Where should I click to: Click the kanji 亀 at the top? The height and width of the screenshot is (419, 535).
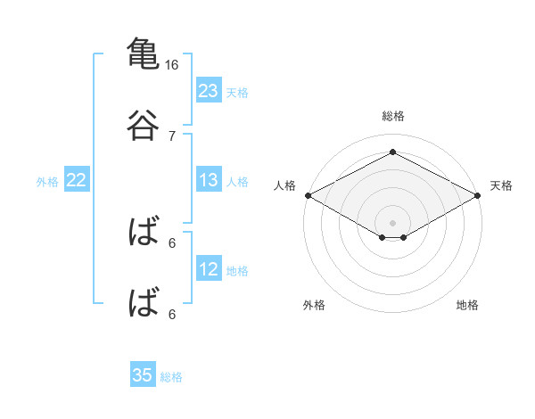[x=143, y=53]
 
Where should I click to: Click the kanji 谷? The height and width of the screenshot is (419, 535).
[x=143, y=125]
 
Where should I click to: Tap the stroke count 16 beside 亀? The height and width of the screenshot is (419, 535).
[x=171, y=65]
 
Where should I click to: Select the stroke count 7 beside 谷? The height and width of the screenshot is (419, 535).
[x=172, y=136]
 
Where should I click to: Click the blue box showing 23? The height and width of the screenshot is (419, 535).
[x=209, y=90]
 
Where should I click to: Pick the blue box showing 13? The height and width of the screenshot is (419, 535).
[x=209, y=179]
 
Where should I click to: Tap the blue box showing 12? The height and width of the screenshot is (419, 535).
[x=209, y=267]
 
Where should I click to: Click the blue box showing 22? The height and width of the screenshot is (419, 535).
[x=77, y=179]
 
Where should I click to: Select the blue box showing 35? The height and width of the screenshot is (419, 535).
[x=143, y=374]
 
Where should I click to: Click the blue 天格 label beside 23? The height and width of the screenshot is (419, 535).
[x=237, y=93]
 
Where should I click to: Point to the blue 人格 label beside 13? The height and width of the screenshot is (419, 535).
[x=237, y=182]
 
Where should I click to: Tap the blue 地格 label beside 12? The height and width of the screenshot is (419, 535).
[x=237, y=271]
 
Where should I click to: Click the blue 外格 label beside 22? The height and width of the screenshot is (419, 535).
[x=47, y=182]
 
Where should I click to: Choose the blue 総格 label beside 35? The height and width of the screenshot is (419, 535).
[x=171, y=377]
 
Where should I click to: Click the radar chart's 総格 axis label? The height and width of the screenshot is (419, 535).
[x=392, y=116]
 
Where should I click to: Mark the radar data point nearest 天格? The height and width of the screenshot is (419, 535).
[x=478, y=195]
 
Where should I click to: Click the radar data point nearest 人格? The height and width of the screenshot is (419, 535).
[x=309, y=195]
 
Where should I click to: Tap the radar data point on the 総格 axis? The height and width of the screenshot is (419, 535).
[x=392, y=152]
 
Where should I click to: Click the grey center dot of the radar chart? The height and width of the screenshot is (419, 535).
[x=392, y=223]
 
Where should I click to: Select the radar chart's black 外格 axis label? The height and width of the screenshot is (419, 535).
[x=314, y=305]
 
